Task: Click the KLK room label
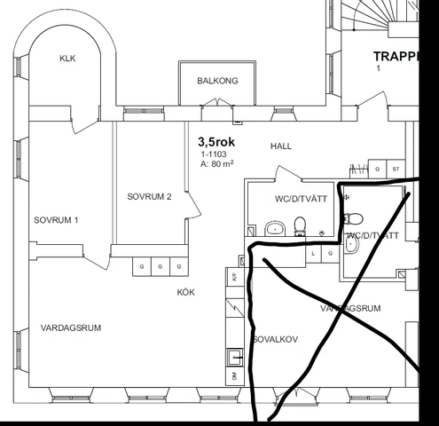pyautogui.click(x=67, y=59)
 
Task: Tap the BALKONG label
pyautogui.click(x=217, y=81)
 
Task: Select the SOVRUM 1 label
pyautogui.click(x=56, y=219)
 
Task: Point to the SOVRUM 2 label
pyautogui.click(x=148, y=196)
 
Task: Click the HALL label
pyautogui.click(x=279, y=146)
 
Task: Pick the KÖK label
pyautogui.click(x=185, y=291)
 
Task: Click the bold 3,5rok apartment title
pyautogui.click(x=216, y=140)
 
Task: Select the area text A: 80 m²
pyautogui.click(x=216, y=163)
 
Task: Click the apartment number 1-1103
pyautogui.click(x=213, y=153)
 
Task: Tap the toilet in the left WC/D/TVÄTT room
pyautogui.click(x=301, y=224)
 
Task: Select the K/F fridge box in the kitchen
pyautogui.click(x=234, y=278)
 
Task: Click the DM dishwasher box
pyautogui.click(x=234, y=376)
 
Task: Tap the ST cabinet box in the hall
pyautogui.click(x=396, y=168)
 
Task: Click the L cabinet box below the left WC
pyautogui.click(x=313, y=253)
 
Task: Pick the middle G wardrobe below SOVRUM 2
pyautogui.click(x=161, y=266)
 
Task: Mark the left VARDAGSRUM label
pyautogui.click(x=71, y=327)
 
